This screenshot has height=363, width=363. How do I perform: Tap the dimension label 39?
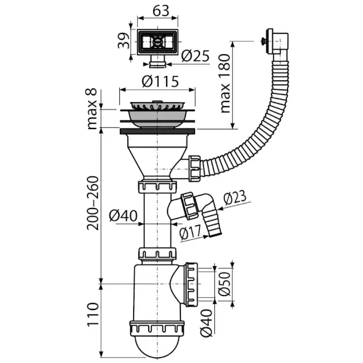(122, 42)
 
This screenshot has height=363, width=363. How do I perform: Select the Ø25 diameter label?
(195, 56)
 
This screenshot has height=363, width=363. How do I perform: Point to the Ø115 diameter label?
(158, 81)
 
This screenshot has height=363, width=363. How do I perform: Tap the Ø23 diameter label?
(232, 197)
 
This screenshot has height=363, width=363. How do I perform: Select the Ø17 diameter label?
(190, 233)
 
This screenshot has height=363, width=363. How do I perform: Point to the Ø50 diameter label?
(226, 284)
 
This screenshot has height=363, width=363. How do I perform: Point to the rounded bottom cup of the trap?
(157, 348)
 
